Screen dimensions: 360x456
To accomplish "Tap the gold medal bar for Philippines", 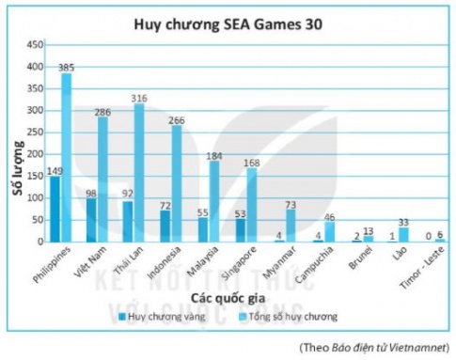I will pos(55,210).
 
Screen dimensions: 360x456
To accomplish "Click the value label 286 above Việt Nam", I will pos(102,110).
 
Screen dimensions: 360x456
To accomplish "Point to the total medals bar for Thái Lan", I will pos(138,173).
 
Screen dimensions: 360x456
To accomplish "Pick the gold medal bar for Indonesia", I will pos(165,227).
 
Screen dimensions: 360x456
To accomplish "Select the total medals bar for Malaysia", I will pos(213,202).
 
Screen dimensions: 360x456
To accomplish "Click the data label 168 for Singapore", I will pos(249,163).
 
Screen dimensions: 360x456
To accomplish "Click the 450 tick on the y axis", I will pos(36,44).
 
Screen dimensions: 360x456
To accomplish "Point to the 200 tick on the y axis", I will pos(36,154).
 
